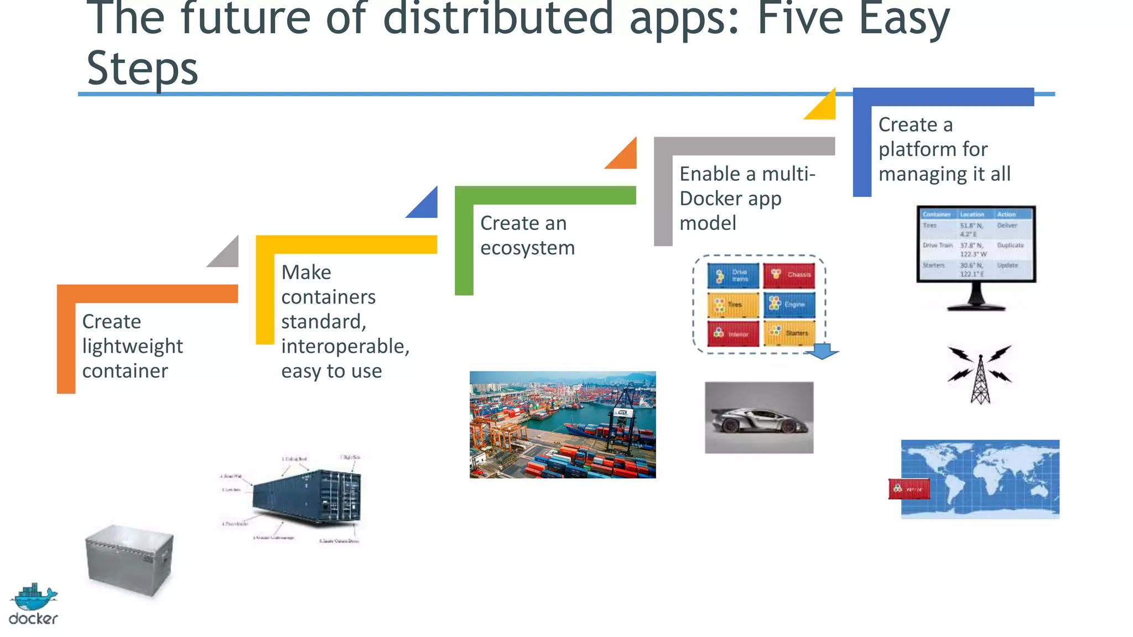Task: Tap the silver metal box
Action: coord(129,560)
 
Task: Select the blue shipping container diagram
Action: coord(306,496)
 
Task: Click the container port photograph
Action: coord(563,424)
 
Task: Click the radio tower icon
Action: coord(980,374)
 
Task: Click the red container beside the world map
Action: coord(908,489)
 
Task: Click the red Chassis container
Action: coord(789,275)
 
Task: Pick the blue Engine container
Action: coord(789,305)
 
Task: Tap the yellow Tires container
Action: coord(732,305)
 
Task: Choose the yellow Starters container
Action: coord(789,333)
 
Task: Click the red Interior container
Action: coord(732,333)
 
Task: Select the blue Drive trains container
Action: coord(732,275)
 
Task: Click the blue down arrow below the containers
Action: coord(823,351)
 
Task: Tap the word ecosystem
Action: coord(527,248)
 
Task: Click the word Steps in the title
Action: coord(142,69)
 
